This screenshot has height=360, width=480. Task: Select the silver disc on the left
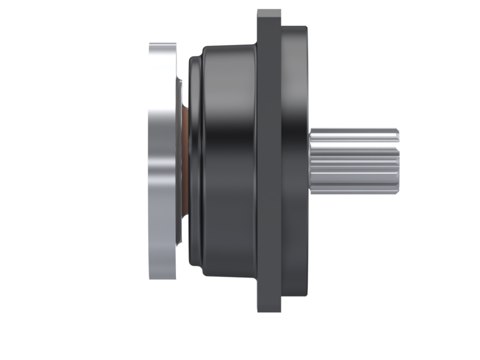162,160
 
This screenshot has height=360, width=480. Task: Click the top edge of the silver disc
162,44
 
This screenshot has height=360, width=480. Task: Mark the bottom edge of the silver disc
162,276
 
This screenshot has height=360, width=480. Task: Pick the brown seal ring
185,160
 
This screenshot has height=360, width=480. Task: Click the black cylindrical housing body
230,160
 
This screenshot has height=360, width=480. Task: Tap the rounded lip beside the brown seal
194,160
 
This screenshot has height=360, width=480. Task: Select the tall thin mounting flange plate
268,160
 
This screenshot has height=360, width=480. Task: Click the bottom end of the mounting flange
269,310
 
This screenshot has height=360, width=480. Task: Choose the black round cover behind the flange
295,160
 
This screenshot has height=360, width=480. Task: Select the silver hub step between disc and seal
178,160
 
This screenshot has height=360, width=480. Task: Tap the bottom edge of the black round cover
295,294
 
